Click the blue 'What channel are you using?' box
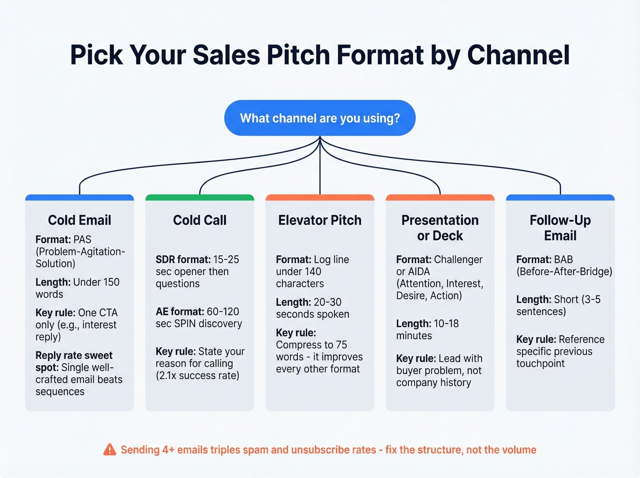coord(320,118)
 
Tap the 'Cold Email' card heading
coord(80,220)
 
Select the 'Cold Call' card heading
coord(200,220)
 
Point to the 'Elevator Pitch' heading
coord(320,220)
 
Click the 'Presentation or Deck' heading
coord(440,228)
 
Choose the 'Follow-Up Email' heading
coord(560,228)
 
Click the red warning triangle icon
coord(110,450)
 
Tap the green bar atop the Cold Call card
coord(200,198)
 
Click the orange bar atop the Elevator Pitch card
coord(320,198)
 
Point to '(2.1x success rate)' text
coord(197,376)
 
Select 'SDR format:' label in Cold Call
coord(183,259)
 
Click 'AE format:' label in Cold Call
coord(180,312)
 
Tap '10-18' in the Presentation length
coord(446,323)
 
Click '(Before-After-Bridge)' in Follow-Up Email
coord(564,272)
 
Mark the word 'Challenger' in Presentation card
coord(458,259)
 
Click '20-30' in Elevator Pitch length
coord(327,302)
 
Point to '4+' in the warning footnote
coord(168,450)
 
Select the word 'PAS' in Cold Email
coord(82,239)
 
